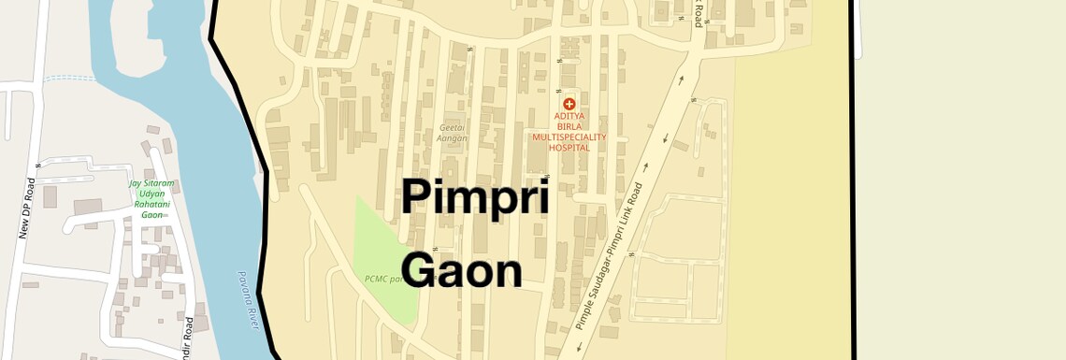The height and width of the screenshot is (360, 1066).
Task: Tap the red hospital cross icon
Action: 569,103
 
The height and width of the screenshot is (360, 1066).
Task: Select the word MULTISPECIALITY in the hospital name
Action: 569,137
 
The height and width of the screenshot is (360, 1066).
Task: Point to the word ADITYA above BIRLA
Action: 569,117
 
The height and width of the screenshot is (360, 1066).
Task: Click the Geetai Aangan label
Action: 452,133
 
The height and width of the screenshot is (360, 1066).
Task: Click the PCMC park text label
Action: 383,279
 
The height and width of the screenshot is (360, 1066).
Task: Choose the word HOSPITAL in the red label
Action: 569,147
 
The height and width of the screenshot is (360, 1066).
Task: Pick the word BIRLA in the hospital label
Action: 569,127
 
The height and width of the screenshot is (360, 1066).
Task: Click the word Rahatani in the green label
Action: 152,204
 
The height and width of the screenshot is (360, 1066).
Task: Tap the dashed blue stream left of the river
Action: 70,79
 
